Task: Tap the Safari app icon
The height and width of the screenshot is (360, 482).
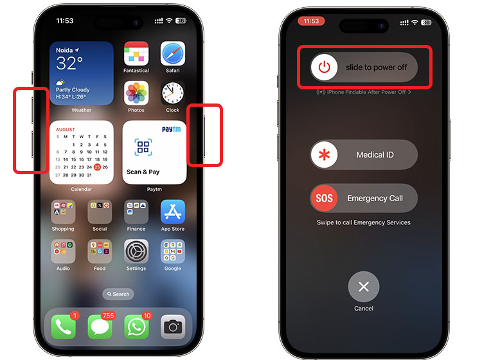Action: click(173, 54)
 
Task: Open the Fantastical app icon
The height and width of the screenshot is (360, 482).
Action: click(136, 54)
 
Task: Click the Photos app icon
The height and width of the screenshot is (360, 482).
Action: click(136, 94)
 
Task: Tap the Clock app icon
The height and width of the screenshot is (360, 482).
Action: click(173, 94)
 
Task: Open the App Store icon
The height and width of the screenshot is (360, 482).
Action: click(173, 212)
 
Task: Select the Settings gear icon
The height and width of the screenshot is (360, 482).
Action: click(136, 251)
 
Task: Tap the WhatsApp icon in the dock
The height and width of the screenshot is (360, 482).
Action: click(136, 327)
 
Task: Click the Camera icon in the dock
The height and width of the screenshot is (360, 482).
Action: click(173, 327)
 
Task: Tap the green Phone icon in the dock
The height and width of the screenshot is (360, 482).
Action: click(63, 327)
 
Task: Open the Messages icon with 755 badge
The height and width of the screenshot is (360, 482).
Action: click(100, 327)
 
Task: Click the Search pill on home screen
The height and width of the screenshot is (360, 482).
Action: click(118, 294)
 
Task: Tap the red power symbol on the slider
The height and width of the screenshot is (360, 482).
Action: click(325, 67)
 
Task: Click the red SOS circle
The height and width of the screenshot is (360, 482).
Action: click(325, 198)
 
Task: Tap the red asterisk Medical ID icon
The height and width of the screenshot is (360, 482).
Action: click(325, 155)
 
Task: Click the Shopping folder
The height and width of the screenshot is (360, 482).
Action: click(63, 212)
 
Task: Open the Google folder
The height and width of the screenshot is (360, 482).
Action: click(173, 251)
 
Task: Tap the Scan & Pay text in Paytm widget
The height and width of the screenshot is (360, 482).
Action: click(143, 172)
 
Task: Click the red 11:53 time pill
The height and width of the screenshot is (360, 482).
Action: click(311, 21)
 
